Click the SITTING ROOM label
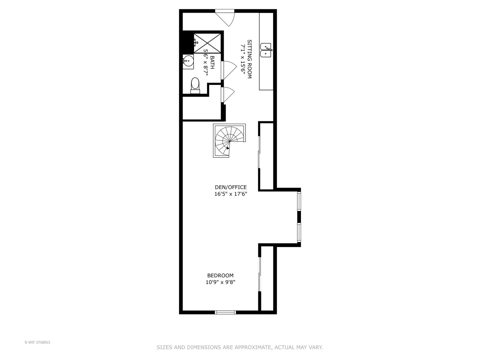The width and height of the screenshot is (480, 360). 249,59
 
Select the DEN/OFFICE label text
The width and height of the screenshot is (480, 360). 231,187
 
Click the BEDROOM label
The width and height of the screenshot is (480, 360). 220,276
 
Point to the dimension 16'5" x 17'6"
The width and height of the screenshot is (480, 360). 231,194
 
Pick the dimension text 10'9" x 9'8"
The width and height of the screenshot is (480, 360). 220,282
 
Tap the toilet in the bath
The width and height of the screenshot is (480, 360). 195,85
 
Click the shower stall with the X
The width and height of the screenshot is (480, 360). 208,43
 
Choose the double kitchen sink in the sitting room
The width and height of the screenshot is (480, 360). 267,50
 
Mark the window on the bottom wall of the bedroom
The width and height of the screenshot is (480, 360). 225,312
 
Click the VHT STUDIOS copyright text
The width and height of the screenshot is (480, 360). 37,342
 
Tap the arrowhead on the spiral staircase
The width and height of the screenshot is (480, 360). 228,148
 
